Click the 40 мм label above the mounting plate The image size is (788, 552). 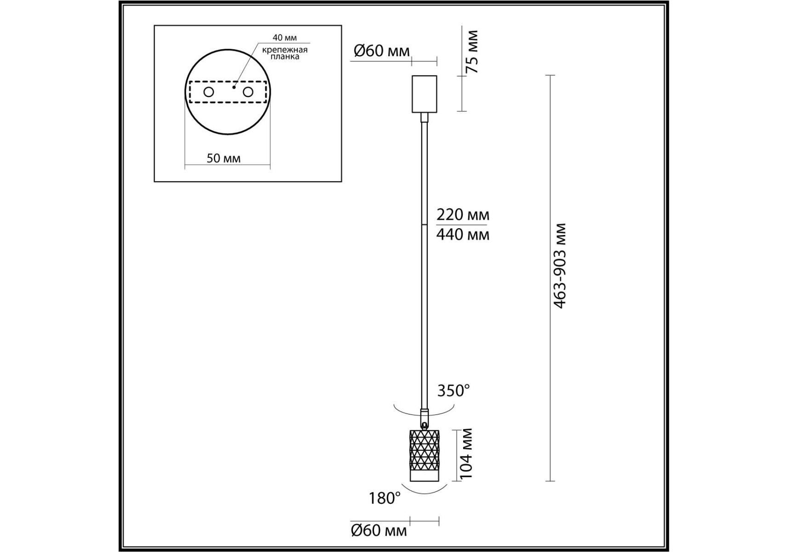284,38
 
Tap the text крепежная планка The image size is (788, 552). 285,53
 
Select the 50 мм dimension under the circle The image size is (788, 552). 223,158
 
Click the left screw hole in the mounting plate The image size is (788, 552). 209,92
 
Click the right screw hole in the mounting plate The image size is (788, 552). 248,92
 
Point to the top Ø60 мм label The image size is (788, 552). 381,51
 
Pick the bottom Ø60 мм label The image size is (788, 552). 379,530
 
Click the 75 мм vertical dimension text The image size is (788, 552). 472,52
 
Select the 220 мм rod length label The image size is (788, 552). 463,215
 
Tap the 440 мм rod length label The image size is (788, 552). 463,235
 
